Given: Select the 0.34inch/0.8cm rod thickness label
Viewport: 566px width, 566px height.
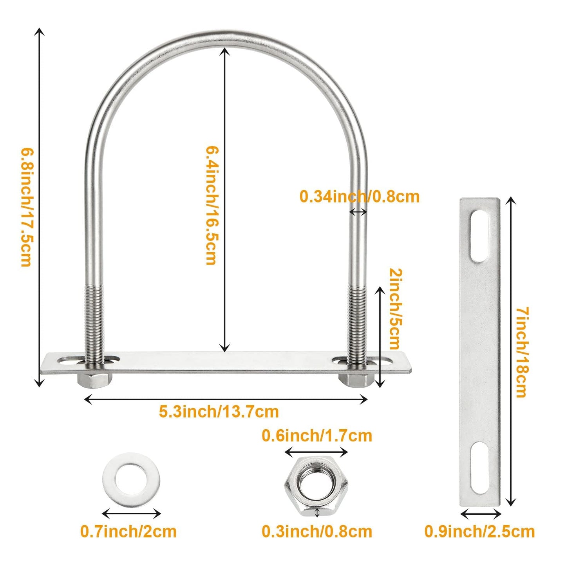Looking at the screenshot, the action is (359, 197).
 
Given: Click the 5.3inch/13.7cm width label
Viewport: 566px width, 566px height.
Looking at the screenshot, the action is (219, 412).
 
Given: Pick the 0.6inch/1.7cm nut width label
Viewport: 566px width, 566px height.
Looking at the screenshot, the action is (317, 436).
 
